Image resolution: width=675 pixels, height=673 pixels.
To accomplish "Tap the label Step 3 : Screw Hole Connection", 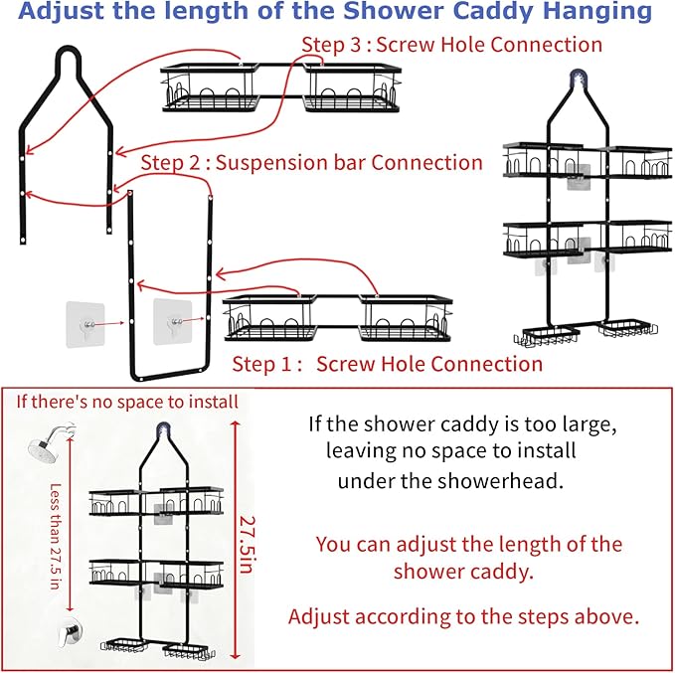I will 451,45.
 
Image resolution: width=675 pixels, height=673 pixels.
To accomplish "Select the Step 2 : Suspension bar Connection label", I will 311,162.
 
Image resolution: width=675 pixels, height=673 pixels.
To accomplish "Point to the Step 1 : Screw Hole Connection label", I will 388,364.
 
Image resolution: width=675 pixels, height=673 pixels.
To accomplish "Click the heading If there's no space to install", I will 127,402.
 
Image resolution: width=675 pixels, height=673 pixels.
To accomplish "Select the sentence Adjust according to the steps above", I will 462,616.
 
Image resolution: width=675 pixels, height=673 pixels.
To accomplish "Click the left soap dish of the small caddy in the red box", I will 119,645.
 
